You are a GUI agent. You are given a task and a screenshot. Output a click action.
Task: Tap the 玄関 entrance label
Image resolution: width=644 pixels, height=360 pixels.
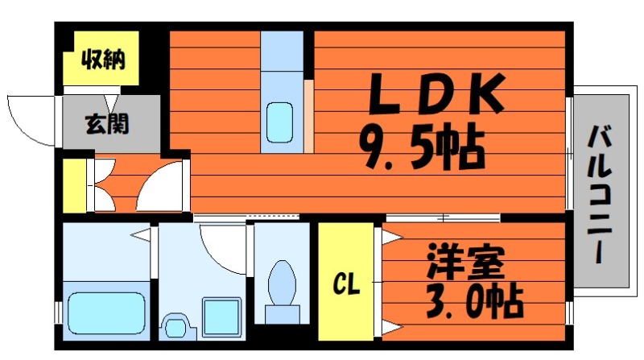click(x=107, y=124)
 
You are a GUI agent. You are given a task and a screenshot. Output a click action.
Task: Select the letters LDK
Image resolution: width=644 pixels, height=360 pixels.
click(x=436, y=93)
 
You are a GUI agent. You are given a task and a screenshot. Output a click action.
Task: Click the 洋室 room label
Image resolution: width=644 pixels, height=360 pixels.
click(x=465, y=263)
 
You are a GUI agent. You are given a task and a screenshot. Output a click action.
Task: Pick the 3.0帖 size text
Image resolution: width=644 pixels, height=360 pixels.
click(x=474, y=302)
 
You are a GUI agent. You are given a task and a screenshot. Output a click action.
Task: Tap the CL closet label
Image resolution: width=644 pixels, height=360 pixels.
click(x=346, y=283)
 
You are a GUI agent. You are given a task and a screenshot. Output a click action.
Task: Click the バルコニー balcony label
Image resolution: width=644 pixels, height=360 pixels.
click(x=600, y=195)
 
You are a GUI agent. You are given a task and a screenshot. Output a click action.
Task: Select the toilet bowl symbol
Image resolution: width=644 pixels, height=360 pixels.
click(x=282, y=283)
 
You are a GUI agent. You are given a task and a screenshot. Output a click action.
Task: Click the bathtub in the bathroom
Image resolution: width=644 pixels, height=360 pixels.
click(x=106, y=313)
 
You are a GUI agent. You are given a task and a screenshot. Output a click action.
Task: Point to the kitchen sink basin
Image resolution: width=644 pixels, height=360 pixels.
click(x=279, y=122)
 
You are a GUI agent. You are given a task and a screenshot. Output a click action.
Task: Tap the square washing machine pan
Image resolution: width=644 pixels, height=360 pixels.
click(x=221, y=317)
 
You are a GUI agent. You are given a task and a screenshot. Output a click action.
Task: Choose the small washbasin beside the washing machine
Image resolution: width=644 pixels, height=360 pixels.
click(x=175, y=326)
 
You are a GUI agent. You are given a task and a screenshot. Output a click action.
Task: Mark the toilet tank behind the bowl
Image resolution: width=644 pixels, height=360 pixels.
click(x=282, y=314)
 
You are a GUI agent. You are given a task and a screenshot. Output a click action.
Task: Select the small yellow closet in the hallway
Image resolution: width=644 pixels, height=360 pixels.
click(x=74, y=185)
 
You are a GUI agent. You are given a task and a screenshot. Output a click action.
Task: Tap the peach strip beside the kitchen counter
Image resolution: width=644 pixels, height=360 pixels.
click(x=309, y=116)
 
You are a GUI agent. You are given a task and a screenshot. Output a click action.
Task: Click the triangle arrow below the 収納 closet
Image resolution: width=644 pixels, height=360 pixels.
click(x=111, y=101)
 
